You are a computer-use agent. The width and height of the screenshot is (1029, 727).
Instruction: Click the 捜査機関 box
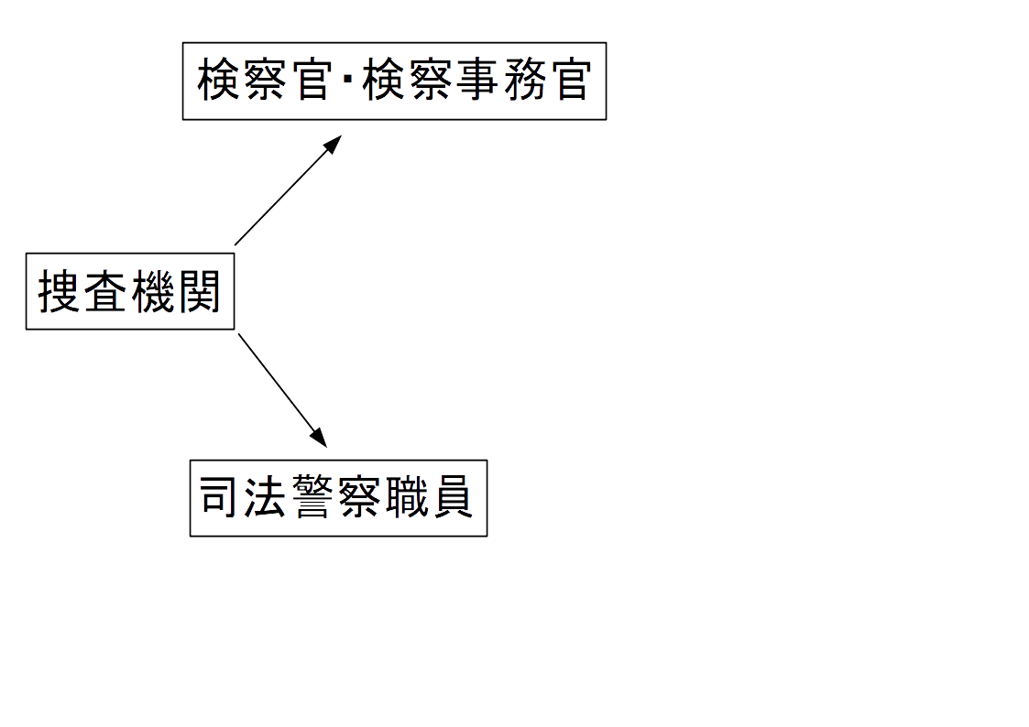point(130,291)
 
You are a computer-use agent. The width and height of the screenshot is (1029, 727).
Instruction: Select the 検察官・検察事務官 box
point(394,81)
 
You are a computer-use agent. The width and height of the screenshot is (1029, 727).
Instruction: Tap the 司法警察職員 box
point(338,498)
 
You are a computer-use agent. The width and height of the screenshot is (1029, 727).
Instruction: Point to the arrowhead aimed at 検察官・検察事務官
point(334,143)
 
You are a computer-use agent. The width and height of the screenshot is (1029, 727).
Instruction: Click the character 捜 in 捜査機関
point(60,292)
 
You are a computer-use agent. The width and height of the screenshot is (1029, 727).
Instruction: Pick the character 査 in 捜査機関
point(106,292)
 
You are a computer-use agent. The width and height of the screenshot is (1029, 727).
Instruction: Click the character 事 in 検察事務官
point(476,81)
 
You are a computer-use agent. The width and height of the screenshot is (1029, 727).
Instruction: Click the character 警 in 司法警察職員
point(314,498)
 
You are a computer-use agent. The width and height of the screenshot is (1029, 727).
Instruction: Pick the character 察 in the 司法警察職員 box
point(360,498)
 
